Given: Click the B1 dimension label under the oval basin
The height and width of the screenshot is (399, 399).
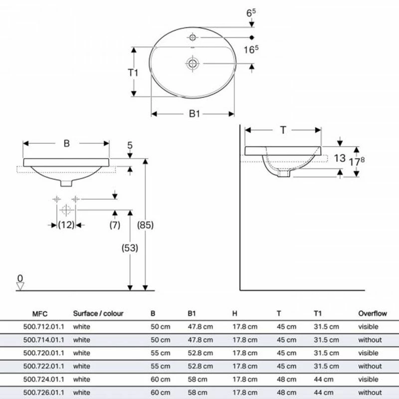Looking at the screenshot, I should (194, 114).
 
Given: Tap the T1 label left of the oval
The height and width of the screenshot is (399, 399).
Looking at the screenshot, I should (133, 73).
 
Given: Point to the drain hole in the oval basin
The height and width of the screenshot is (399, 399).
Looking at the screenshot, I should (192, 63).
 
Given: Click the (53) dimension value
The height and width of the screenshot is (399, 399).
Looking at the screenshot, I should (129, 247).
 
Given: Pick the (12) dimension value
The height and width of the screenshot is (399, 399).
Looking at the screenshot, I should (66, 225).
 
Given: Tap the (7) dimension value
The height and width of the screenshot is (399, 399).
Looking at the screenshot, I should (115, 225).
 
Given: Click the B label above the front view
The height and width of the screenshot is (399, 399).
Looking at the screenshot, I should (66, 143).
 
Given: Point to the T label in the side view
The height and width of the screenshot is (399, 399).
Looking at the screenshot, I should (283, 130).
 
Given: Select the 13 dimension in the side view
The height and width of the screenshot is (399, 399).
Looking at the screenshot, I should (340, 158).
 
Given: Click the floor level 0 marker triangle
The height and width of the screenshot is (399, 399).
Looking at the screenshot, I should (20, 286).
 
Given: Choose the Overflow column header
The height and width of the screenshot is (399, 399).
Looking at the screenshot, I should (373, 314).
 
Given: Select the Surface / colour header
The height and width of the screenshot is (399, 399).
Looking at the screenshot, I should (98, 314).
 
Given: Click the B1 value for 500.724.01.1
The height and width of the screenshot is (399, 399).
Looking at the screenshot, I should (197, 380).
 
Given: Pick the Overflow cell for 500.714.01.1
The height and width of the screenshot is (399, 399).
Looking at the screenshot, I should (370, 340).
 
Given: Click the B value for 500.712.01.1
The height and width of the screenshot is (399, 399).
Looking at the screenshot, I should (160, 327).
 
